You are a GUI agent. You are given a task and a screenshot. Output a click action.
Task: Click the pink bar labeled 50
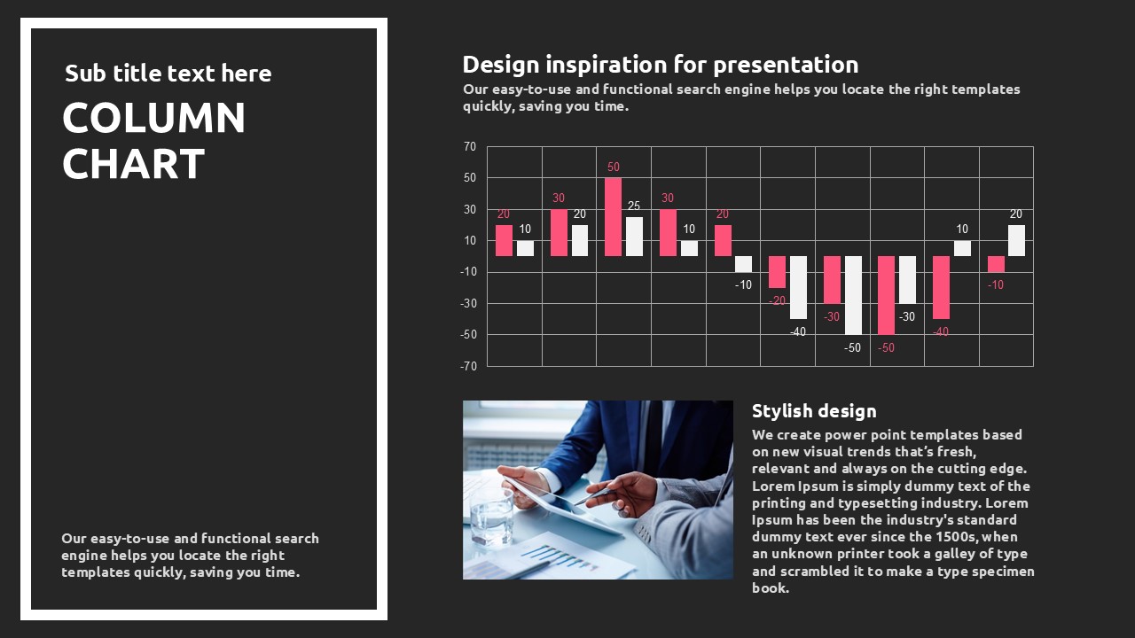tap(613, 217)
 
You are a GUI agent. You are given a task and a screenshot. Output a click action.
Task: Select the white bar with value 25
tap(634, 237)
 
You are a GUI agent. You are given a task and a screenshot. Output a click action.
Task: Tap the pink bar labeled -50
tap(886, 295)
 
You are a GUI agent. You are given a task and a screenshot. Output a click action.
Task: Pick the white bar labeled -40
tap(799, 288)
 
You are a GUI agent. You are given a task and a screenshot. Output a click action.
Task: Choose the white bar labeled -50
tap(853, 295)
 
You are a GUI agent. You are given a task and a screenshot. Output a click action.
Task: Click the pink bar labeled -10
tap(996, 264)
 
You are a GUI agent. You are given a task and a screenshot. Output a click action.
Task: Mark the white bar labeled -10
tap(744, 264)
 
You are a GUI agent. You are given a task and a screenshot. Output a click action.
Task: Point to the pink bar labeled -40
tap(941, 288)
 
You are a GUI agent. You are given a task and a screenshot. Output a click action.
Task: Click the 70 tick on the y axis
tap(470, 147)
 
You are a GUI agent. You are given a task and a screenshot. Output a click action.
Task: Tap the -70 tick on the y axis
tap(469, 366)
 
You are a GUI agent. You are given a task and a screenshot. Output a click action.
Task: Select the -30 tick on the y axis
tap(469, 303)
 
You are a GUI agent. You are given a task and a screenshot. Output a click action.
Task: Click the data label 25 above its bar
tap(634, 206)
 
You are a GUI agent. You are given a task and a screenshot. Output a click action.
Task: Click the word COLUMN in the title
tap(153, 118)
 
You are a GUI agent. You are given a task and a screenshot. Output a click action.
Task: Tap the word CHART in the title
tap(133, 164)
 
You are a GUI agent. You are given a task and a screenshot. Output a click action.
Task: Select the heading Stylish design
tap(814, 410)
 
